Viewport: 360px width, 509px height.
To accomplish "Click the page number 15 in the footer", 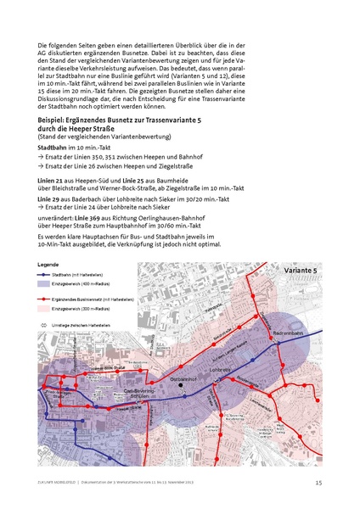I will [x=318, y=484].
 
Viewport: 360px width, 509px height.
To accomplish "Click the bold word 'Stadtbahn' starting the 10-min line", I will [x=54, y=148].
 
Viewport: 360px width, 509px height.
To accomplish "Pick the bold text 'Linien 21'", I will [x=53, y=182].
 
